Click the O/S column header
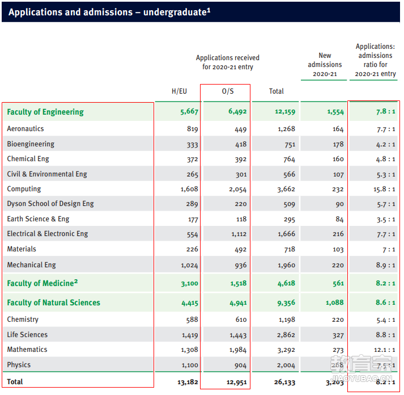[228, 91]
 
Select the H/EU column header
[179, 91]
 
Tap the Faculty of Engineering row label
[45, 112]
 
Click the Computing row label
[24, 189]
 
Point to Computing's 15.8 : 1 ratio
[384, 189]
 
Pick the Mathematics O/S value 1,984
[238, 350]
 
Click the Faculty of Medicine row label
[42, 283]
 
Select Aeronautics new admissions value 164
[338, 129]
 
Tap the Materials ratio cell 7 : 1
[389, 250]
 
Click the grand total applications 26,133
[284, 382]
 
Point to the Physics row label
[19, 364]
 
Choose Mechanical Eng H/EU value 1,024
[189, 265]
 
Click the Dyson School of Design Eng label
[50, 204]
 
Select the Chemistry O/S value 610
[241, 320]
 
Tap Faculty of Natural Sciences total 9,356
[286, 302]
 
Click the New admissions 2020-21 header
[325, 65]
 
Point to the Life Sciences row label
[27, 335]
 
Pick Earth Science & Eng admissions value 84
[339, 219]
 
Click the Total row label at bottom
[15, 381]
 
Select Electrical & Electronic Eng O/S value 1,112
[239, 234]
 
